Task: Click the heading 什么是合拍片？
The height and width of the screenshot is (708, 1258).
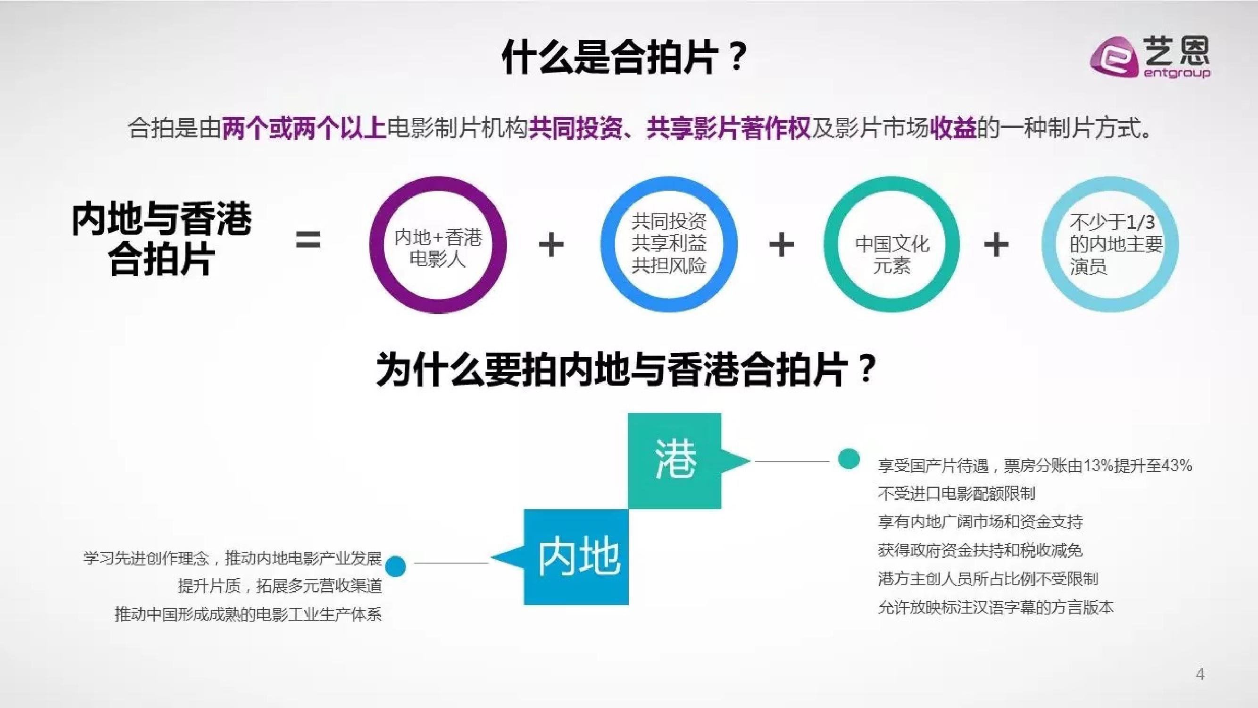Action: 624,58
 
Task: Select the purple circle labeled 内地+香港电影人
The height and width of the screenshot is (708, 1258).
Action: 438,245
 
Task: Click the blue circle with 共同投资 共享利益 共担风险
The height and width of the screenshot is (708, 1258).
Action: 668,244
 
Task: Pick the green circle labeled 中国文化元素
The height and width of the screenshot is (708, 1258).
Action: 892,245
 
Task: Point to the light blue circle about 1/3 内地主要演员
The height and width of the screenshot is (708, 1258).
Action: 1110,244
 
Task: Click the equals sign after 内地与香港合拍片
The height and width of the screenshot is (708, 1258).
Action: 308,240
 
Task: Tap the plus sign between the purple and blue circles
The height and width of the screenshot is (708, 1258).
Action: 551,244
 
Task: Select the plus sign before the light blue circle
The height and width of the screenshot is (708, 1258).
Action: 996,244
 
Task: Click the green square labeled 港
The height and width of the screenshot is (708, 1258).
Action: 675,461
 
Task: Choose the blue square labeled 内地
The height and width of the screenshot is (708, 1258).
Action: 576,557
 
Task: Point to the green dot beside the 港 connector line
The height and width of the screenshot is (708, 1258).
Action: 849,459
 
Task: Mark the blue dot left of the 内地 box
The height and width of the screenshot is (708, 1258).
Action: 395,566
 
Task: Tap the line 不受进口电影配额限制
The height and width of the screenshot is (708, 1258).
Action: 956,494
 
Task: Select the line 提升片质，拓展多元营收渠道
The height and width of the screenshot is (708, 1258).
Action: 280,585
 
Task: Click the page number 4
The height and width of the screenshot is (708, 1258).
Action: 1200,674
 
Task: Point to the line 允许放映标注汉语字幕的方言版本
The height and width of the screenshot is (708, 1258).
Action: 996,607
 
